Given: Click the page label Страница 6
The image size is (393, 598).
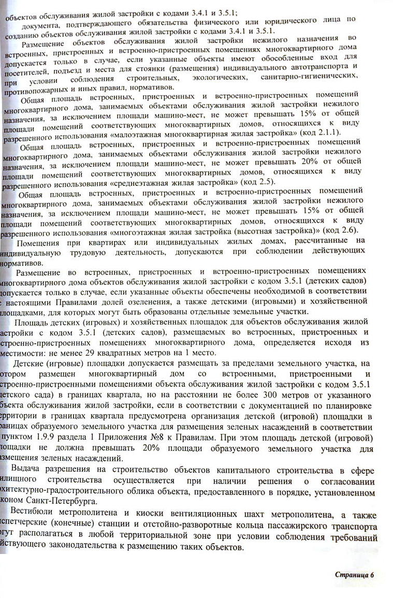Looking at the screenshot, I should pyautogui.click(x=354, y=575).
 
